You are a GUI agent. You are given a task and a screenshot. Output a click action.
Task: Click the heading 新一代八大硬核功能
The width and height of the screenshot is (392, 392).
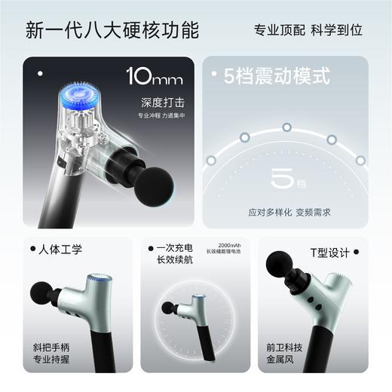point(112,30)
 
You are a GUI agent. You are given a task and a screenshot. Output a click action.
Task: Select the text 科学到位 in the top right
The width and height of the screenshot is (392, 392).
point(336,30)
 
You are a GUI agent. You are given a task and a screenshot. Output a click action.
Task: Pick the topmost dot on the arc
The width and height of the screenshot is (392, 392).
point(286,126)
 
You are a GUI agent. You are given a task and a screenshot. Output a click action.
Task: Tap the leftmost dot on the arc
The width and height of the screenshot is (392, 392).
point(211,160)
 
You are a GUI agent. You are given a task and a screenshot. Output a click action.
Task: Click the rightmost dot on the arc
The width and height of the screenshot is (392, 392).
point(360,160)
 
